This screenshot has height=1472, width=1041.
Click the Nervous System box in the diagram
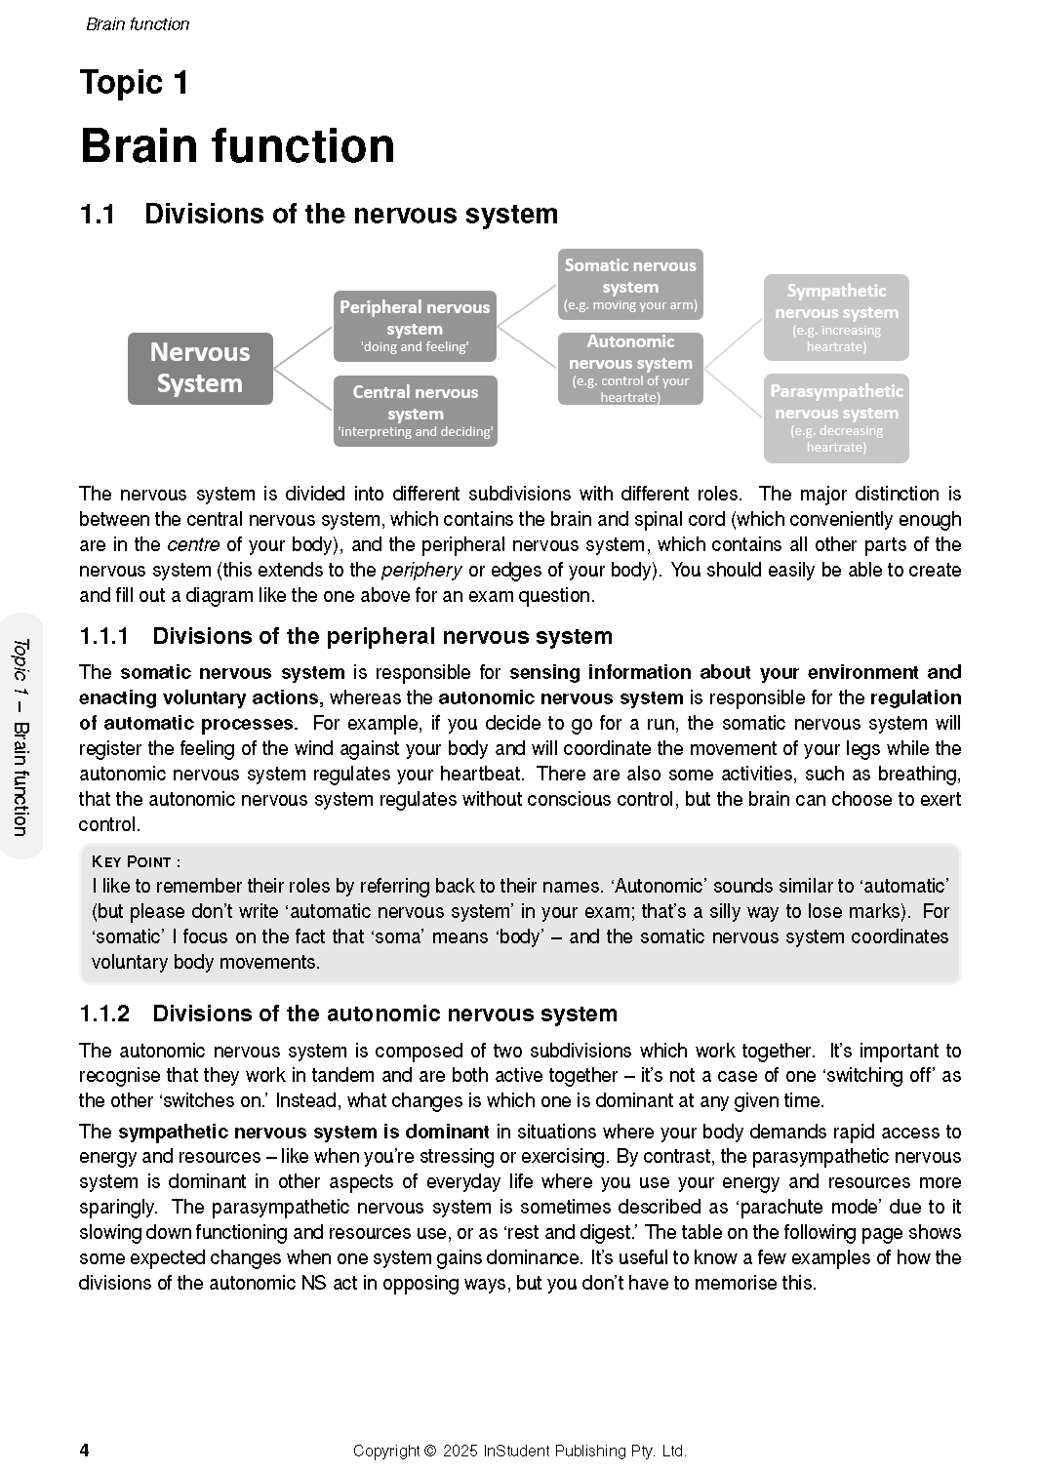[x=200, y=368]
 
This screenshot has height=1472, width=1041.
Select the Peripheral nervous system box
[x=415, y=326]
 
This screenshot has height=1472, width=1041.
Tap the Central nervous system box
[x=415, y=411]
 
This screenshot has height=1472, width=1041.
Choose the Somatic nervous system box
[x=630, y=284]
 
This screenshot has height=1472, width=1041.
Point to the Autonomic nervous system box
[x=630, y=368]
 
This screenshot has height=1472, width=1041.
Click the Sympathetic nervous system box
[x=836, y=317]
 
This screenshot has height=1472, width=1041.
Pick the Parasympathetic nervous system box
[x=836, y=418]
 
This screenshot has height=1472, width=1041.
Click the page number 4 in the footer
[x=84, y=1450]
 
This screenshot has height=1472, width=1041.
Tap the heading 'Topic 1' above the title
[x=134, y=83]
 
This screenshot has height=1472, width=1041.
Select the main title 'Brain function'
[x=237, y=146]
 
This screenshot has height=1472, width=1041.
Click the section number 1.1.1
[x=104, y=636]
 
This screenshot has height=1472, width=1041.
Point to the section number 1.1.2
[x=104, y=1014]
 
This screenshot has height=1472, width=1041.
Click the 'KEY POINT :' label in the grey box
[x=136, y=861]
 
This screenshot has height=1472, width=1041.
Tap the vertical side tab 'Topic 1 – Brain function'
[x=20, y=736]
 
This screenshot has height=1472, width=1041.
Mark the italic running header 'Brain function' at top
[x=138, y=24]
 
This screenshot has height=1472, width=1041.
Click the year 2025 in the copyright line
[x=460, y=1451]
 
